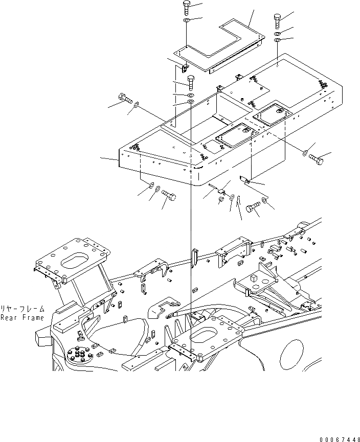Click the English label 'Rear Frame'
22,317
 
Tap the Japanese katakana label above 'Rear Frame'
22,309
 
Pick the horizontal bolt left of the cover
125,98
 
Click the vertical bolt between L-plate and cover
190,82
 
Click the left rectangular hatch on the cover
232,136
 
